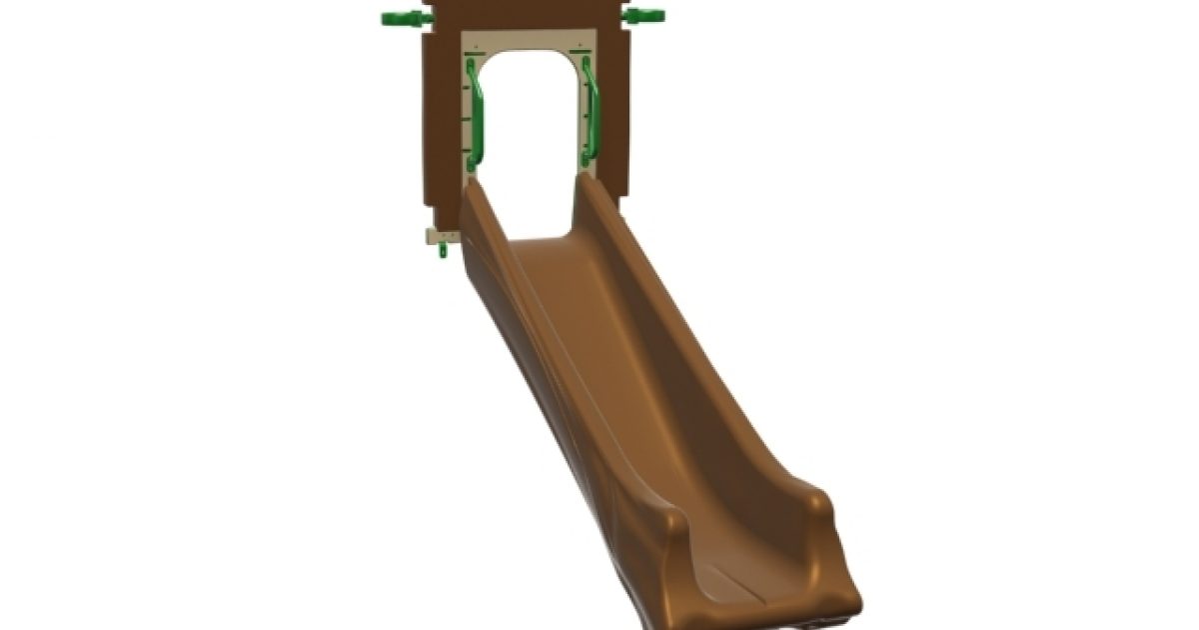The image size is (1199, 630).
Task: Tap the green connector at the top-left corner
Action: tap(403, 17)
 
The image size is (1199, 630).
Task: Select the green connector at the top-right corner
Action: tap(644, 16)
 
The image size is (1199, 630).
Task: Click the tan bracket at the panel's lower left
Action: tap(439, 236)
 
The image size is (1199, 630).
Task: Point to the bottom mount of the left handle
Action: tap(473, 161)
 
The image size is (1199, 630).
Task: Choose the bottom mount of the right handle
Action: tap(586, 158)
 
